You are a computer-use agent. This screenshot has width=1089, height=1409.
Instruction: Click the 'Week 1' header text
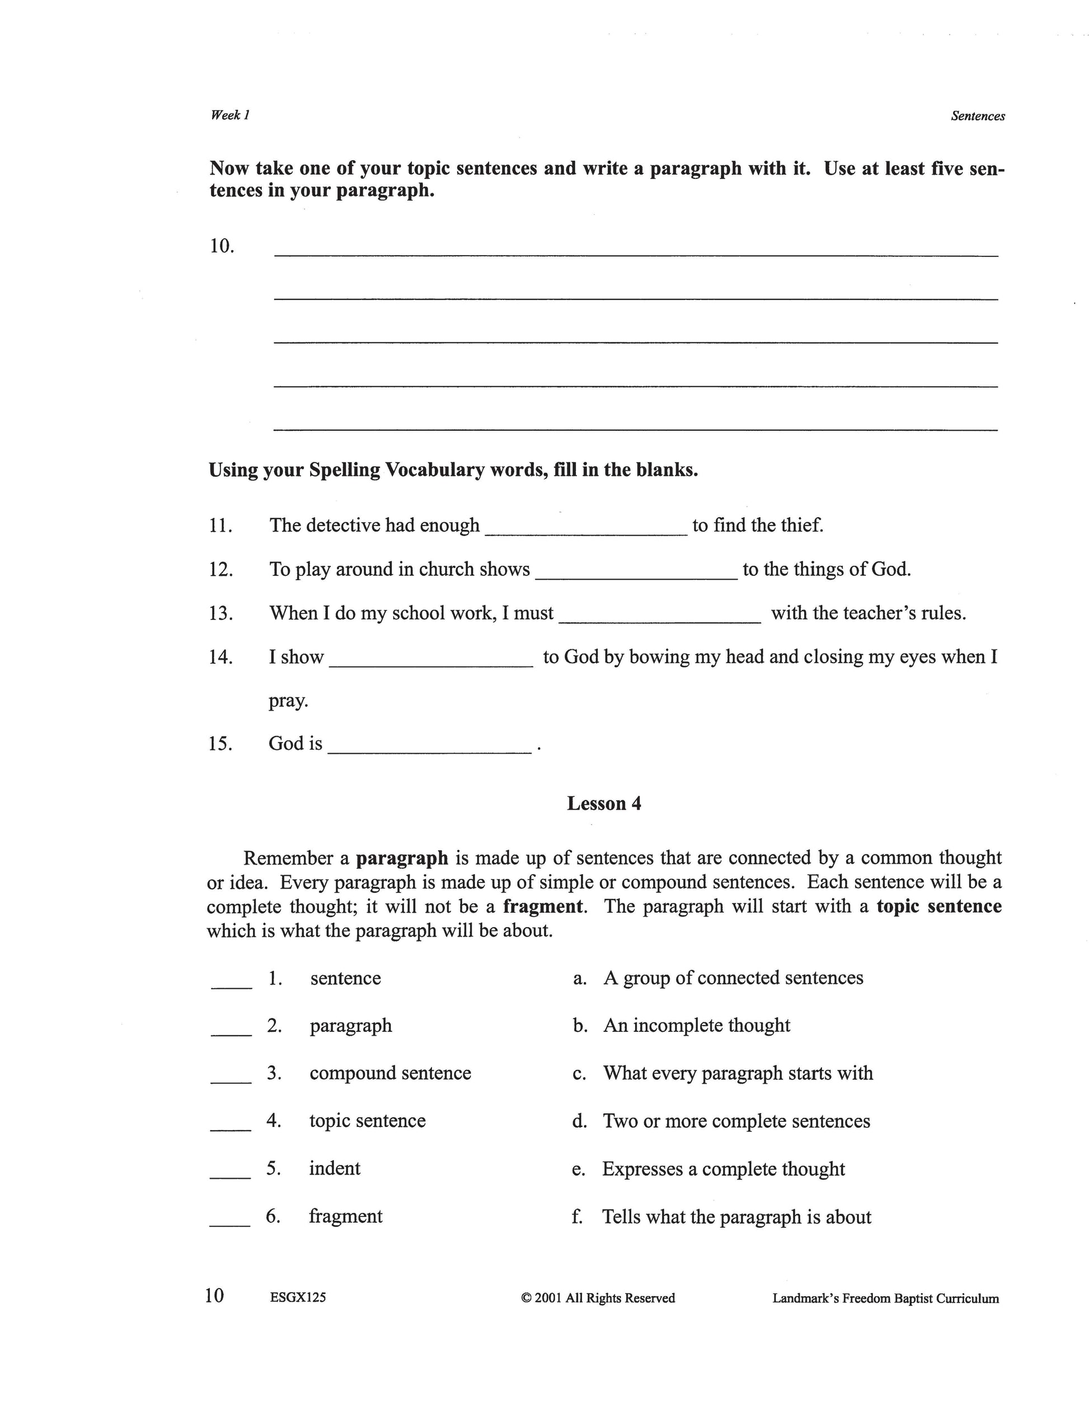coord(229,115)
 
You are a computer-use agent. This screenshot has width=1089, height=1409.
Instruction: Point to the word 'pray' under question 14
coord(287,701)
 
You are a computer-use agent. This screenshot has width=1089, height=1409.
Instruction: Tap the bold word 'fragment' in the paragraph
coord(543,907)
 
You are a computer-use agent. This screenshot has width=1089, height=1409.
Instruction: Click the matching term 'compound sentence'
coord(390,1073)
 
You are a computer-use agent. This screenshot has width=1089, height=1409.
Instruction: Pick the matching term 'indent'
coord(334,1168)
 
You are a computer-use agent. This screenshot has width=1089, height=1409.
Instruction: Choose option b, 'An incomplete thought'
coord(696,1025)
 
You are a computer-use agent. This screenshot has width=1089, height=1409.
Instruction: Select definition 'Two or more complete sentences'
coord(736,1121)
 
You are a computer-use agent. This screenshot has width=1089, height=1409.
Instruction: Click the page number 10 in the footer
coord(214,1295)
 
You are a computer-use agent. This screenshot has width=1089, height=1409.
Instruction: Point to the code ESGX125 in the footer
coord(298,1298)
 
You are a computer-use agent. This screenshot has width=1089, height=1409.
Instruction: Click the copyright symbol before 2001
coord(526,1298)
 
